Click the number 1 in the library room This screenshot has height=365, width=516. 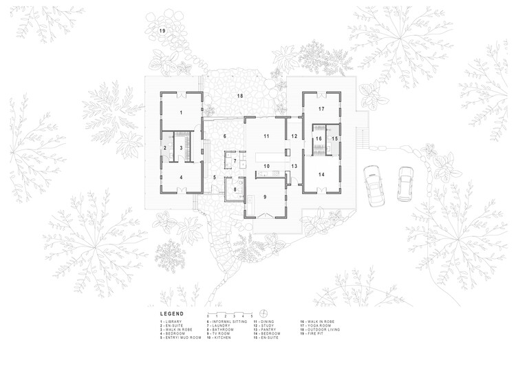click(x=182, y=112)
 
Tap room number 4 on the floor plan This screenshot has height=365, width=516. click(x=182, y=177)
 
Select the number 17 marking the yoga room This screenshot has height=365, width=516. click(x=321, y=109)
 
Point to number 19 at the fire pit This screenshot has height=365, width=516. click(x=163, y=32)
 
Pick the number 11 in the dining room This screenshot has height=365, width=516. click(x=265, y=136)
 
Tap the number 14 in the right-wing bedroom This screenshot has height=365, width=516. click(x=321, y=174)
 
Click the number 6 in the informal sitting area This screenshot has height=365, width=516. click(x=224, y=136)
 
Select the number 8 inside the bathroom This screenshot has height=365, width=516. click(x=235, y=189)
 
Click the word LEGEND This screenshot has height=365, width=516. click(x=171, y=313)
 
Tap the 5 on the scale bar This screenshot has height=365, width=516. click(x=252, y=315)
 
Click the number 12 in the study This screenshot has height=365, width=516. click(x=294, y=136)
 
